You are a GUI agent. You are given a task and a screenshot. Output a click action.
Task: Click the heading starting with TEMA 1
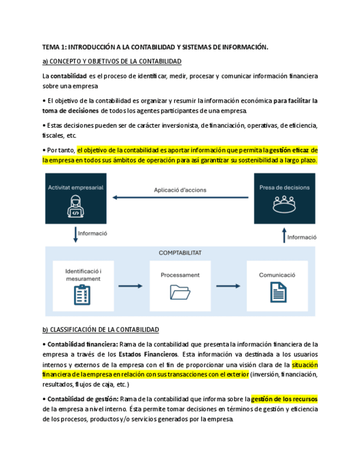(155, 47)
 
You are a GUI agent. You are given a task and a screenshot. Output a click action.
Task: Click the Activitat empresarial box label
(75, 187)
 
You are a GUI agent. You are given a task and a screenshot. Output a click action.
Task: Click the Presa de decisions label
(284, 187)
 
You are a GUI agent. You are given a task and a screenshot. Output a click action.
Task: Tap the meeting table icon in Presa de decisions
(284, 205)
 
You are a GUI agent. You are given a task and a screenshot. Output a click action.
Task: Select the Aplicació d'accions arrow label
(180, 190)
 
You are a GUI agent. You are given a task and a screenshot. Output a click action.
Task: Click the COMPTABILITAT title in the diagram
(180, 253)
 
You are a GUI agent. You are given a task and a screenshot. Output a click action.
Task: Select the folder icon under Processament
(180, 292)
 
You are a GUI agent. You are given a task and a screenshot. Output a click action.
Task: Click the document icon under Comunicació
(278, 292)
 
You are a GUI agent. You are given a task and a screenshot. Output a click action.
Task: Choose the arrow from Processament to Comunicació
(228, 286)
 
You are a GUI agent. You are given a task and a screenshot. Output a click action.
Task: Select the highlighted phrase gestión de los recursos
(284, 399)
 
